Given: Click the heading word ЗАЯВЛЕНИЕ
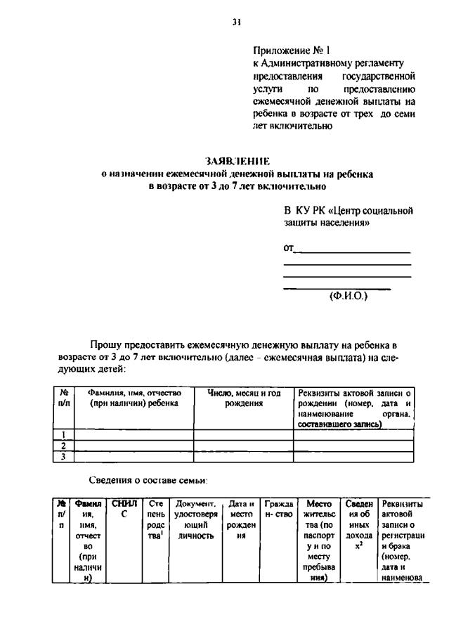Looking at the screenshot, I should click(x=237, y=162).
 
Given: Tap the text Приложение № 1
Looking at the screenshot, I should click(x=291, y=51).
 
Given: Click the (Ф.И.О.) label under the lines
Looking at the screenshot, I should click(x=349, y=296).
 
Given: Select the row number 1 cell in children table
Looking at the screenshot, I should click(x=64, y=434).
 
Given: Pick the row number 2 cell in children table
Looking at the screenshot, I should click(x=64, y=446).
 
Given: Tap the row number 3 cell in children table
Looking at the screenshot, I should click(x=64, y=456).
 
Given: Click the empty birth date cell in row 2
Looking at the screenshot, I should click(x=243, y=446).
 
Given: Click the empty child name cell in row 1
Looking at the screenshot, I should click(x=134, y=434).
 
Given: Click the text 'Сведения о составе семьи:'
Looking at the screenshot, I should click(x=148, y=480).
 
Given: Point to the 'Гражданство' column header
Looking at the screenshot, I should click(x=278, y=508).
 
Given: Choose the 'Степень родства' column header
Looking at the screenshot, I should click(x=156, y=519).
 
